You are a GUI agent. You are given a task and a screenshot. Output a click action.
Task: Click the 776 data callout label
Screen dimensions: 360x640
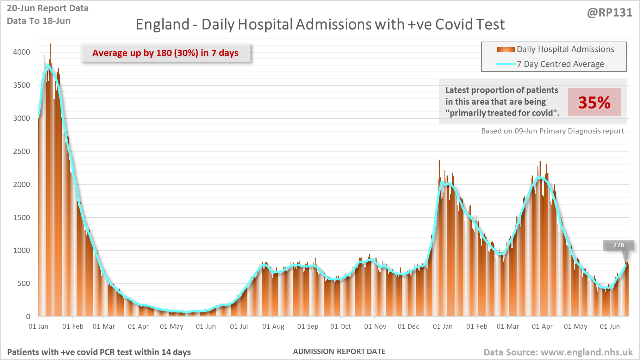(619, 245)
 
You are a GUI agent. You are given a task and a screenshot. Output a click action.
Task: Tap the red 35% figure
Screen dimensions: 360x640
(594, 102)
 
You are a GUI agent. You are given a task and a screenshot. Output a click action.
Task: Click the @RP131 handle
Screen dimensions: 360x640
(609, 13)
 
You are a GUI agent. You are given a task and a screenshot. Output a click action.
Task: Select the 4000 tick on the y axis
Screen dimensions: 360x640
(21, 52)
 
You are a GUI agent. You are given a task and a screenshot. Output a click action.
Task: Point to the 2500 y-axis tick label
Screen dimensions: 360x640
(21, 151)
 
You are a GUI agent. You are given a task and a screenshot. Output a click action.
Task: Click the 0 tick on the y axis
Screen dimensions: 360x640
(28, 317)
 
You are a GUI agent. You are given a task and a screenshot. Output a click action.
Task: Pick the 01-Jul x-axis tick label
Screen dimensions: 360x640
(239, 327)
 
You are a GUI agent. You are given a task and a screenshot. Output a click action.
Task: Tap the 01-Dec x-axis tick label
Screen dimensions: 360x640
(408, 327)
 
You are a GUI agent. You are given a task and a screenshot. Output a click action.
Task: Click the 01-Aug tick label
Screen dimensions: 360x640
(273, 327)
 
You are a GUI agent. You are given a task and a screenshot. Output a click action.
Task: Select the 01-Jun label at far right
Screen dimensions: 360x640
(610, 327)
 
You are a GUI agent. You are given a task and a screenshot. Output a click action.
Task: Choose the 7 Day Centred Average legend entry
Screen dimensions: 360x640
(560, 64)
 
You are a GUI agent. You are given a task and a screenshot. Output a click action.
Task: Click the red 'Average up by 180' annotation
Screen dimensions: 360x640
(165, 53)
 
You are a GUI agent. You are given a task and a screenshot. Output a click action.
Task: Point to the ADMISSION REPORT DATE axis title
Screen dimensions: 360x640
(339, 352)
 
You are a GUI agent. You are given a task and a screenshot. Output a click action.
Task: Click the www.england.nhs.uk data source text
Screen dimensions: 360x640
(586, 352)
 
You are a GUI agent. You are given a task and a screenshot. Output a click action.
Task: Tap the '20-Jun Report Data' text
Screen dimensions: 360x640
(48, 8)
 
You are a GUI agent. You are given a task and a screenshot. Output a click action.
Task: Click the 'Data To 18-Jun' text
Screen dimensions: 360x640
(39, 21)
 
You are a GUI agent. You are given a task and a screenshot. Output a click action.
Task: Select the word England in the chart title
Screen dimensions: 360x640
(163, 25)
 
